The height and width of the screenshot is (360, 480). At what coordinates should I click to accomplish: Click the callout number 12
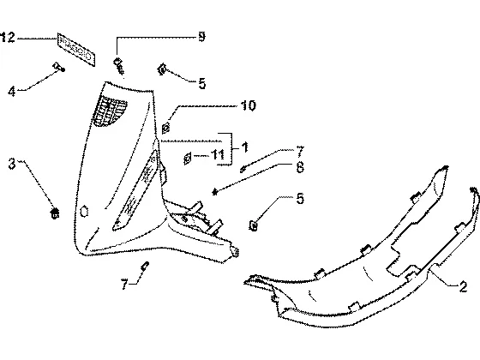click(x=8, y=38)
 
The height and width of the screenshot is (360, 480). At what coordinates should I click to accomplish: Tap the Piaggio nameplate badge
click(x=76, y=50)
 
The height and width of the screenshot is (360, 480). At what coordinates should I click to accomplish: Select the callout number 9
click(x=201, y=37)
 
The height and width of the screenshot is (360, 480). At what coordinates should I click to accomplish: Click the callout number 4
click(x=12, y=91)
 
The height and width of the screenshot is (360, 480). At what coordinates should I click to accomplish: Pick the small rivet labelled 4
click(x=59, y=67)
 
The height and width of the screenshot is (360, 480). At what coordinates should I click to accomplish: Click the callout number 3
click(x=12, y=164)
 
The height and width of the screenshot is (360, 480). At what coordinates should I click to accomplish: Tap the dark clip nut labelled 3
click(x=55, y=213)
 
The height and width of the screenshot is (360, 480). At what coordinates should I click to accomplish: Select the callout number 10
click(x=248, y=105)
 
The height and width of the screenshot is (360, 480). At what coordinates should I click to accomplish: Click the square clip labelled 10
click(x=165, y=128)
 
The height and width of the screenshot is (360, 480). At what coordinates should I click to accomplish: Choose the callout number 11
click(x=218, y=154)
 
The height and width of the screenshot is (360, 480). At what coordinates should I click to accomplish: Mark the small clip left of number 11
click(x=187, y=159)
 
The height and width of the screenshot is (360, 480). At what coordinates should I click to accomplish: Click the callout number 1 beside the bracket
click(x=244, y=147)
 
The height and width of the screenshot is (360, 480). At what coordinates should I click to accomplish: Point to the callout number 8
click(x=300, y=167)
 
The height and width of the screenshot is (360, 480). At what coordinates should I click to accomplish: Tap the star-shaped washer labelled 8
click(x=215, y=192)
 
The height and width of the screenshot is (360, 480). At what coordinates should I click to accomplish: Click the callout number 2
click(x=463, y=287)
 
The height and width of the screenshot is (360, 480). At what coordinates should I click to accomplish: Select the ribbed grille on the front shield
click(x=109, y=111)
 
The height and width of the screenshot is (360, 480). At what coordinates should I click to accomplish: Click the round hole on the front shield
click(x=84, y=212)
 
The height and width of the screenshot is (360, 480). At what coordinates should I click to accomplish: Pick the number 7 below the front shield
click(x=124, y=285)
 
